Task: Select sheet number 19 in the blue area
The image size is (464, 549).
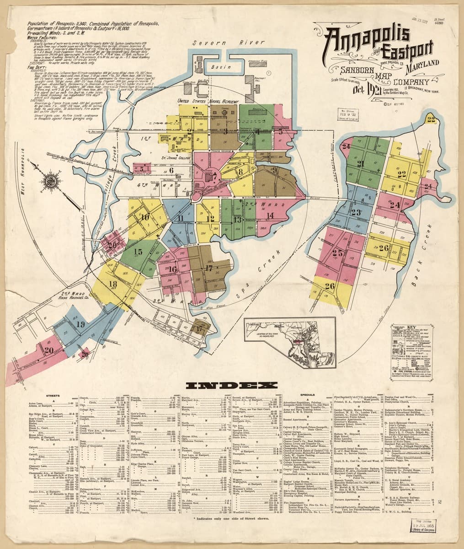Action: point(80,325)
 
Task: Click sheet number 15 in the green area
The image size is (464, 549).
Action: point(138,251)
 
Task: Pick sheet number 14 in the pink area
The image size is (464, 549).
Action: point(270,215)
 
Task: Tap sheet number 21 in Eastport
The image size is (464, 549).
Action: point(361,164)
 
